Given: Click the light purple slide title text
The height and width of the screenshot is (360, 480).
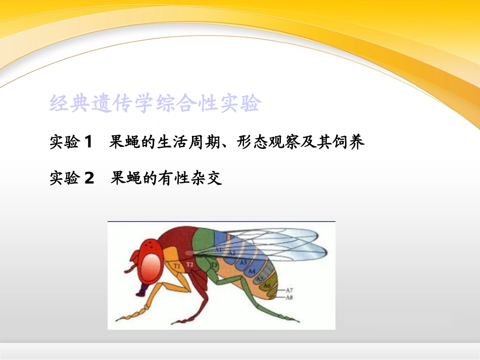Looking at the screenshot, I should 155,104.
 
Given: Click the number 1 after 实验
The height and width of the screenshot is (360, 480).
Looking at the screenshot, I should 88,142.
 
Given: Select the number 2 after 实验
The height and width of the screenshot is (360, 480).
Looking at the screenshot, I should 89,178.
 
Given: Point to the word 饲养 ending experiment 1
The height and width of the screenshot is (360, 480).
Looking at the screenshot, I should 351,142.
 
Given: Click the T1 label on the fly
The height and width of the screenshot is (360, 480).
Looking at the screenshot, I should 177,265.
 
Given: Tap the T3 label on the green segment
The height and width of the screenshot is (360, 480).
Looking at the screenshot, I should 214,264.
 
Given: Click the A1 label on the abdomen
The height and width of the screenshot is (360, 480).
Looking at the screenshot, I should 218,249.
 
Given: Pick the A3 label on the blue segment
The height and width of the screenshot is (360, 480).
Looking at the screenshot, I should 243,262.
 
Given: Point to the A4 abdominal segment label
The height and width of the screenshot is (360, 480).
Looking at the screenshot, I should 252,271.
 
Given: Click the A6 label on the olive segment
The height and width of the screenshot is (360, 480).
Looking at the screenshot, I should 267,286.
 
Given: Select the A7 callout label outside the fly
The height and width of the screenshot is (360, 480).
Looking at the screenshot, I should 290,290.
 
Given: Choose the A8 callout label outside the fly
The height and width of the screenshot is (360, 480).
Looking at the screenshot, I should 290,298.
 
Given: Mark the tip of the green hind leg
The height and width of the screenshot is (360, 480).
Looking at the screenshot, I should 298,321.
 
